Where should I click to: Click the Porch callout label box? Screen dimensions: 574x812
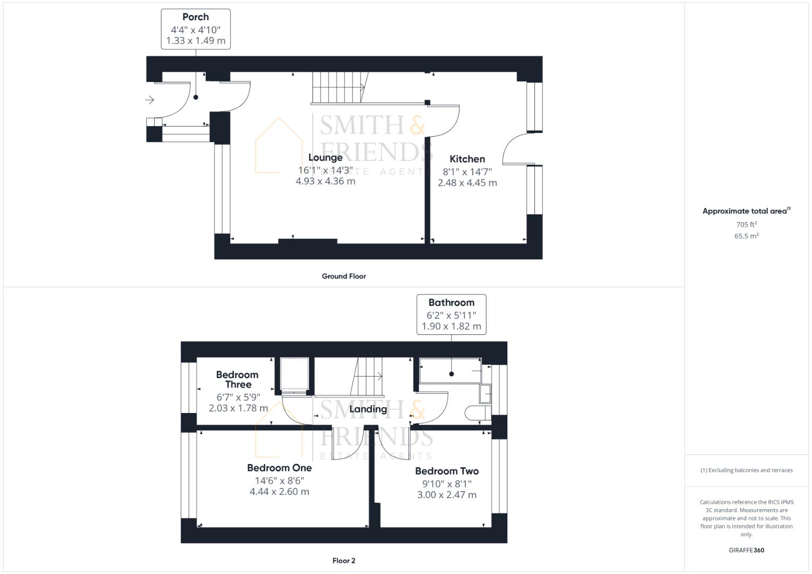coord(196,29)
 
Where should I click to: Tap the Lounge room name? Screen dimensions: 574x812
coord(325,157)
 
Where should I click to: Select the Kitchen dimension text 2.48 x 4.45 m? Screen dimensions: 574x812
coord(467,183)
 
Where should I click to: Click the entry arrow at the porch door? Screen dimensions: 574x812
coord(149,99)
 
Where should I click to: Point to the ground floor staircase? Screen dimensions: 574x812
coord(338,88)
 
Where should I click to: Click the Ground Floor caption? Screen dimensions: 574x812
coord(344,276)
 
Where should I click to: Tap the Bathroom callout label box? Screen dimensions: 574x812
coord(451,314)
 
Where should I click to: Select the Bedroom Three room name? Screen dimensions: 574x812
coord(237,379)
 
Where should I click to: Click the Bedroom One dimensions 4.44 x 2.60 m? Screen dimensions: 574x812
coord(279,492)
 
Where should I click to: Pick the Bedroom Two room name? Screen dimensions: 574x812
coord(447,471)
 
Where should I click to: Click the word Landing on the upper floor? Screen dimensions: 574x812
coord(368,409)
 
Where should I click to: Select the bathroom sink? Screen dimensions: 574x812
coord(485,394)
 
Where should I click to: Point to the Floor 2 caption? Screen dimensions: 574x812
coord(344,561)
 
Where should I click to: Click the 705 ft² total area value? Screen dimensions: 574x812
coord(747,225)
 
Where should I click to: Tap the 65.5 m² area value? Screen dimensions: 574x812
coord(747,236)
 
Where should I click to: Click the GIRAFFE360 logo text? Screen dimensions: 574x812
coord(746,550)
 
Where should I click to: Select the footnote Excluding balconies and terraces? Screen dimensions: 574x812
coord(746,470)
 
